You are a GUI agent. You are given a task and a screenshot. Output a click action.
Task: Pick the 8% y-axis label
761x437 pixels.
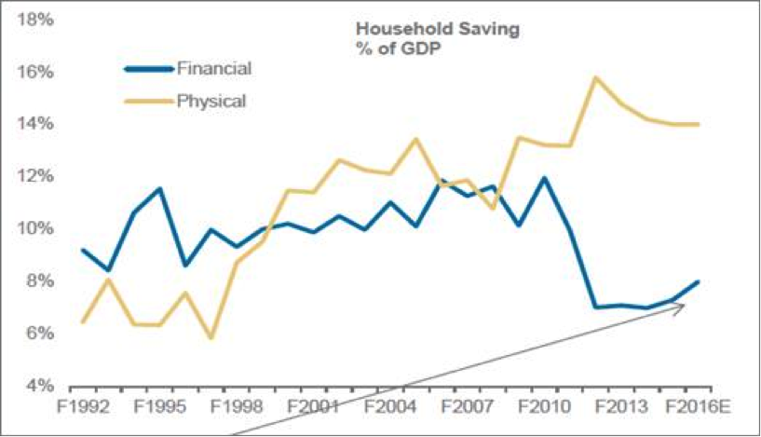tap(36, 280)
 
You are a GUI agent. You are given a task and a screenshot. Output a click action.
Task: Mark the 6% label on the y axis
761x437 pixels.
tap(36, 333)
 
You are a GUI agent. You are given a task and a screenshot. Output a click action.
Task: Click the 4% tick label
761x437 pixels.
tap(36, 385)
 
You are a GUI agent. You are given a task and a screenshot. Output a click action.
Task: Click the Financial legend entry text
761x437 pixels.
tap(215, 68)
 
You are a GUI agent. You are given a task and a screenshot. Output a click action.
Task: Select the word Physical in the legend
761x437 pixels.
tap(211, 100)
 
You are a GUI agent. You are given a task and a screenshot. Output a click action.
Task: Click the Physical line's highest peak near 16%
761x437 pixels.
tap(595, 77)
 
